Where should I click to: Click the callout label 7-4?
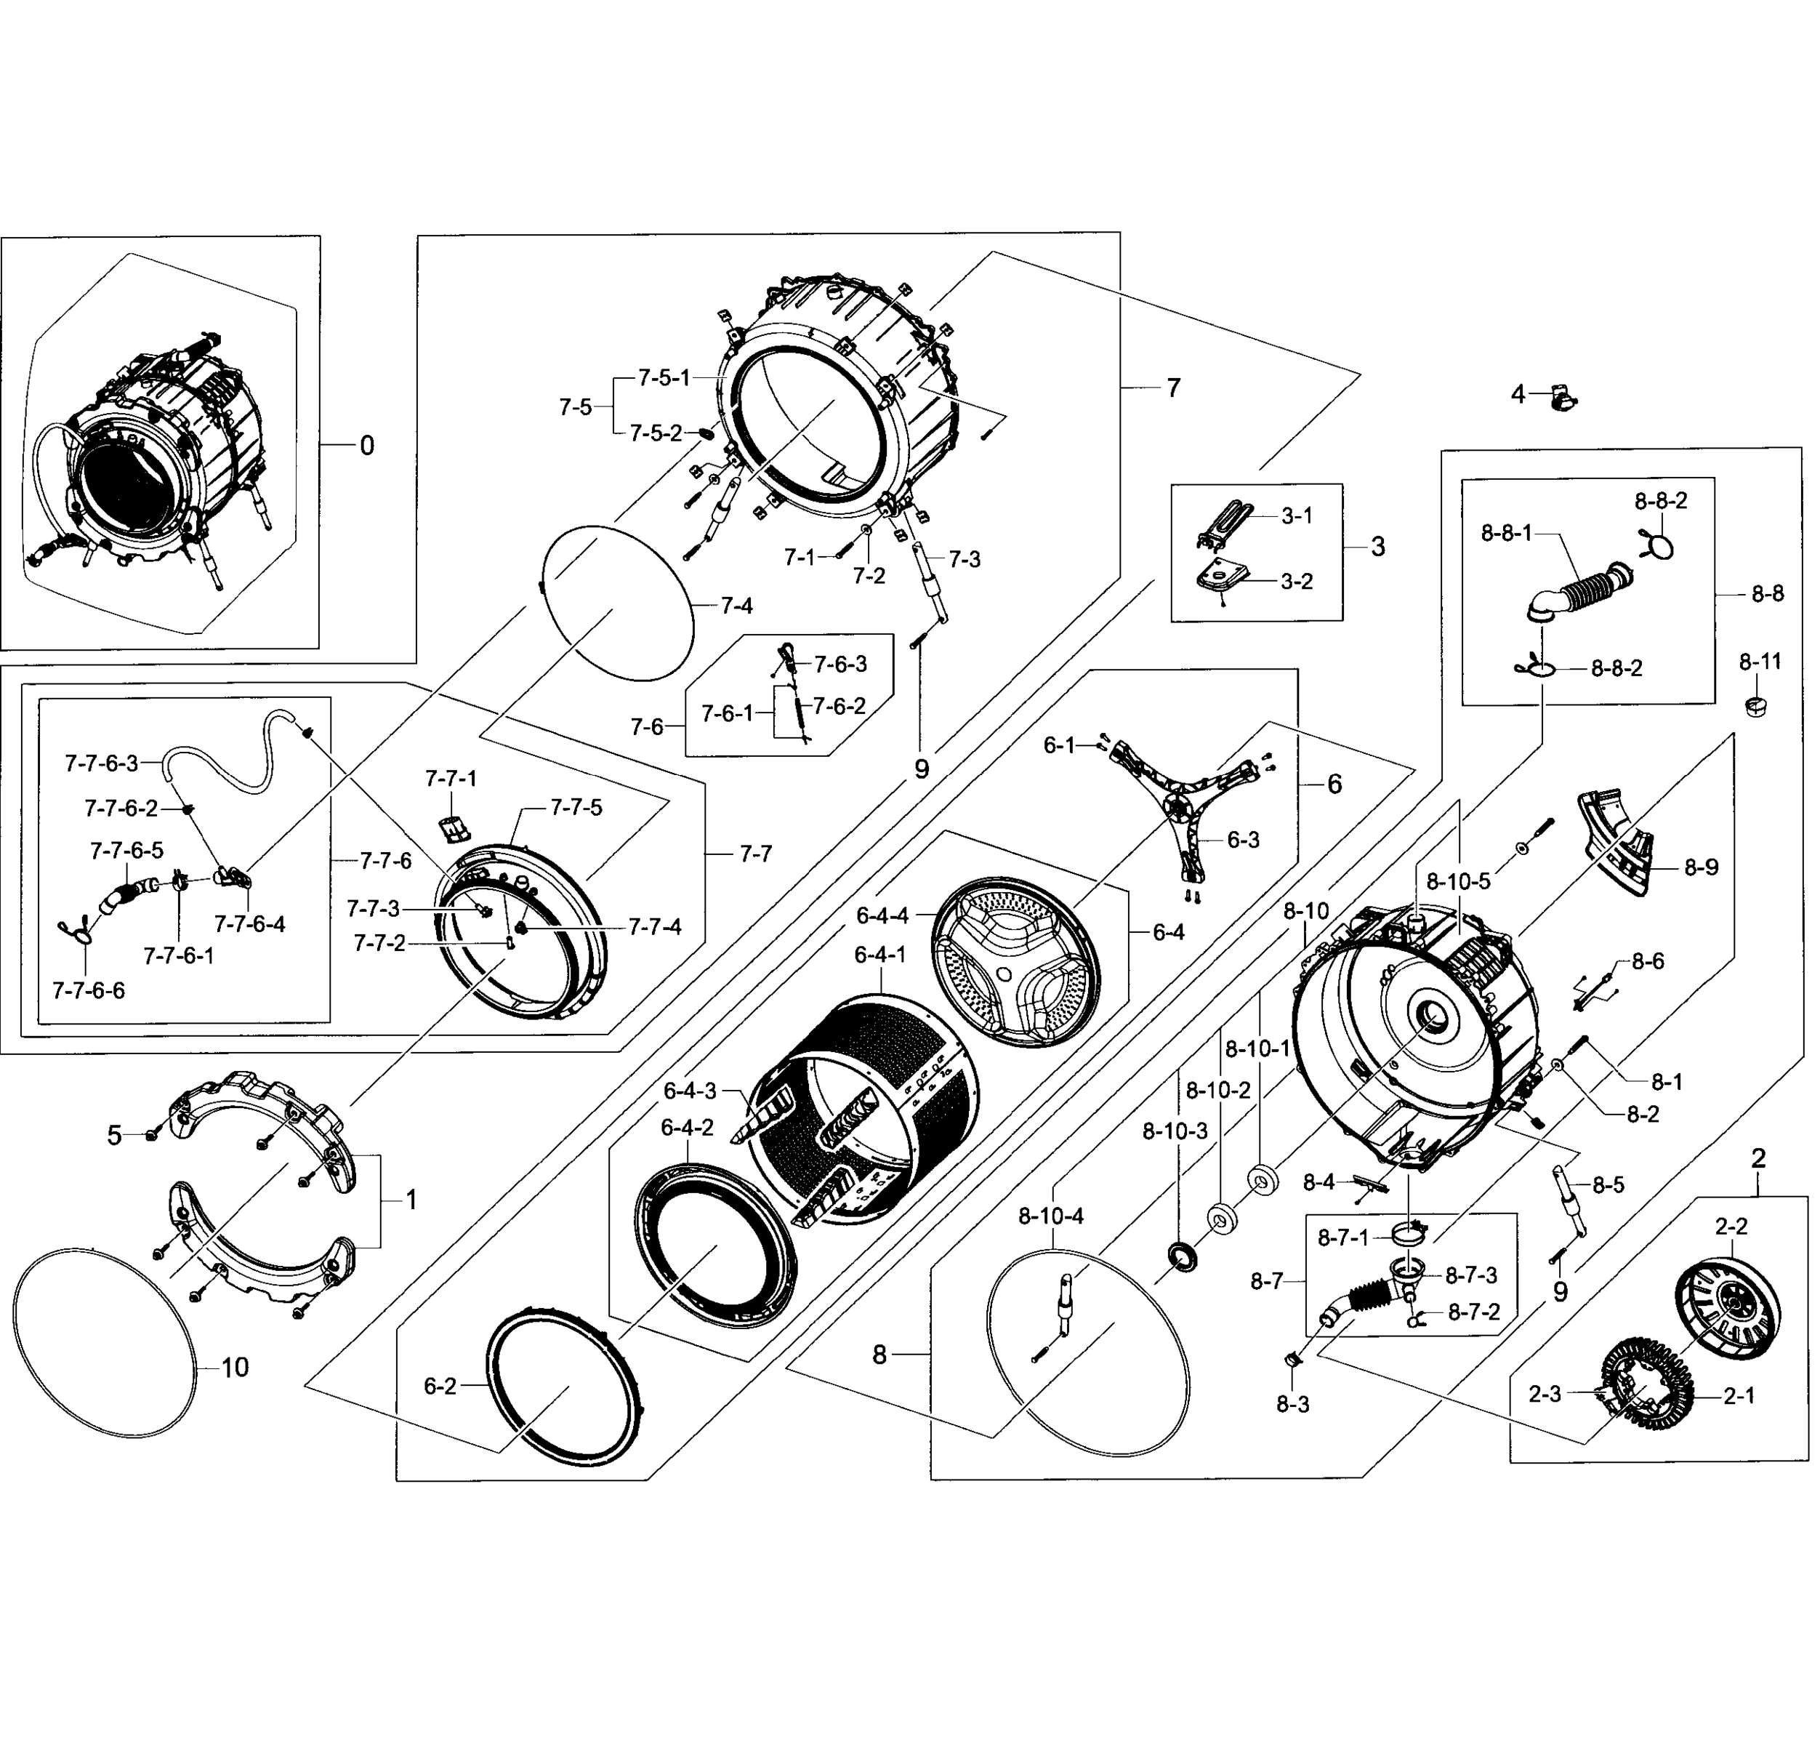(x=736, y=606)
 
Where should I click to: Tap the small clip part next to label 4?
(x=1563, y=399)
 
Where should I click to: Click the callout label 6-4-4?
(x=882, y=915)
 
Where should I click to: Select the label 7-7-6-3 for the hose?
(x=101, y=763)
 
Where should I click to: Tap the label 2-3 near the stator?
(x=1545, y=1395)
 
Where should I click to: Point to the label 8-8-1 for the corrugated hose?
(x=1506, y=533)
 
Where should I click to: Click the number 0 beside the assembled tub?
(x=367, y=446)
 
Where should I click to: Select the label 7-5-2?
(x=656, y=433)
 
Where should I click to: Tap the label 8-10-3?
(x=1175, y=1131)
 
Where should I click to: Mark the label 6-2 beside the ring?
(x=440, y=1387)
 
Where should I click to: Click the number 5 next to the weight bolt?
(x=114, y=1135)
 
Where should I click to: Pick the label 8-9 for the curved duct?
(x=1701, y=867)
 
